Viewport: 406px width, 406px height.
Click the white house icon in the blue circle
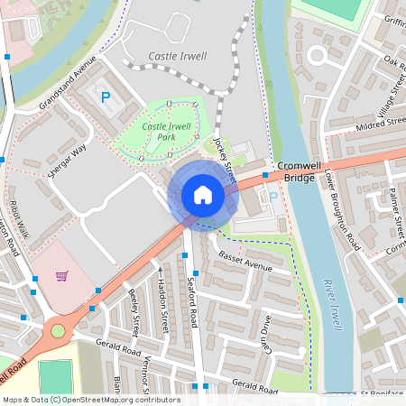pos(203,195)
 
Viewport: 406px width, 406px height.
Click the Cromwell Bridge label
pos(295,172)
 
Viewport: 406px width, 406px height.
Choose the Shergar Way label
pos(67,159)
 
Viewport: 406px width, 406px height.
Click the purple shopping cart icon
pos(61,276)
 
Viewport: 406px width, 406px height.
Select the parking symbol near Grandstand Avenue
pos(105,97)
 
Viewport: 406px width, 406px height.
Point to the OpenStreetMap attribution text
pos(90,400)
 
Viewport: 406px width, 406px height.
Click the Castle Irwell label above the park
pos(177,56)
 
